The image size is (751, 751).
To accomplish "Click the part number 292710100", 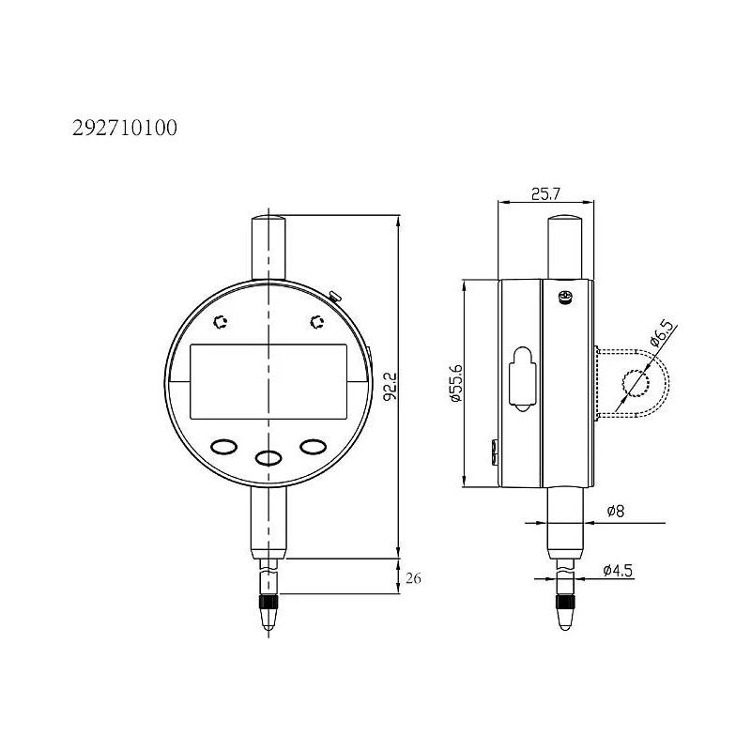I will (x=124, y=128).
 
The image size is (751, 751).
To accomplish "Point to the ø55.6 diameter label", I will (x=457, y=383).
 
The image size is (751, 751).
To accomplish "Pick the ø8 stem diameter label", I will (x=616, y=512).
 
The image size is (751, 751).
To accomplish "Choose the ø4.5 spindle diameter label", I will (x=619, y=569).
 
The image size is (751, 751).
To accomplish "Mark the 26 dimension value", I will (x=414, y=579).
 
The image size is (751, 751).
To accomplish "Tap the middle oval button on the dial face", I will (x=268, y=457).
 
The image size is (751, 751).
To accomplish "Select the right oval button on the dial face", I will (x=313, y=447).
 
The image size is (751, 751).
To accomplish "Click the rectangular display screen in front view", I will (x=268, y=382).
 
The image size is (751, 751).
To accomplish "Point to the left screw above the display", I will (x=222, y=323).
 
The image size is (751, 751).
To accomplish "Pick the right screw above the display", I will (x=316, y=323).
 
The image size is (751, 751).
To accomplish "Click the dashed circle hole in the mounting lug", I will (x=636, y=383).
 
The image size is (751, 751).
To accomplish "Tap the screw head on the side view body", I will (x=564, y=299).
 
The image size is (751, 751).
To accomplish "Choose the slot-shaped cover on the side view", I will (x=520, y=380).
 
